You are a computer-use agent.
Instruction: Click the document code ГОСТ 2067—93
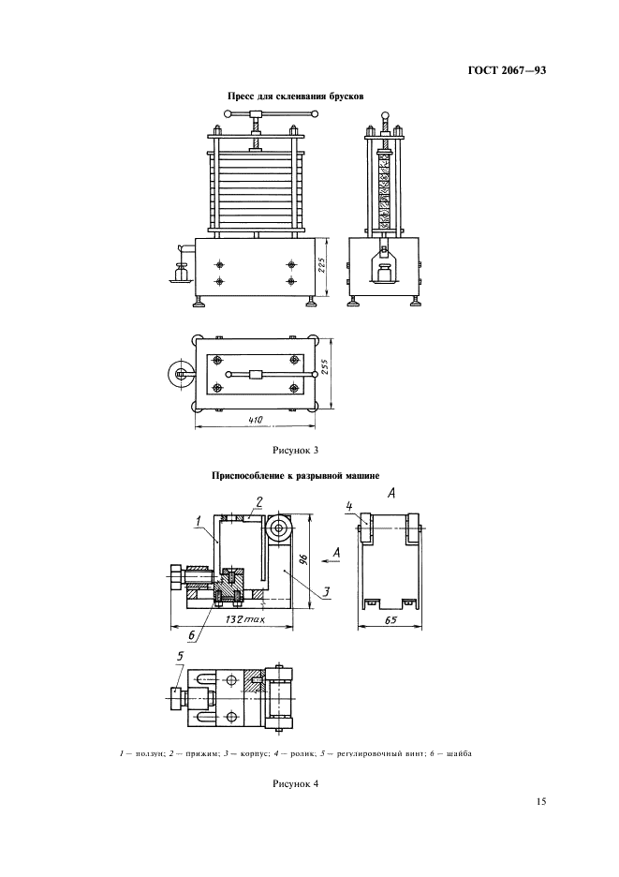tap(507, 71)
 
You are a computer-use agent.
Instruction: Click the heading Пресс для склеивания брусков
tap(295, 97)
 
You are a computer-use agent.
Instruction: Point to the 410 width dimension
tap(255, 420)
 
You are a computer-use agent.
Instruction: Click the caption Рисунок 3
tap(295, 449)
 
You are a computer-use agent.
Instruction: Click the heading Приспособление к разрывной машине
tap(296, 476)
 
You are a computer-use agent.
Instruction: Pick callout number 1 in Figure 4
tap(199, 521)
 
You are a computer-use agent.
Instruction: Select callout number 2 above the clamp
tap(259, 502)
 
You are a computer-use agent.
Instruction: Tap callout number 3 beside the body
tap(328, 591)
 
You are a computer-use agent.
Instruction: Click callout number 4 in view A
tap(349, 507)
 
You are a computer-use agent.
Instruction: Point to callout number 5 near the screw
tap(180, 657)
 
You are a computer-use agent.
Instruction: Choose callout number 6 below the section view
tap(191, 635)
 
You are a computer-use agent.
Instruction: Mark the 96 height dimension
tap(302, 558)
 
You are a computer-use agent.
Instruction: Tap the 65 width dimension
tap(391, 619)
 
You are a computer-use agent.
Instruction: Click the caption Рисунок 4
tap(295, 783)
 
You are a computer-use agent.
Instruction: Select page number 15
tap(540, 801)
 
